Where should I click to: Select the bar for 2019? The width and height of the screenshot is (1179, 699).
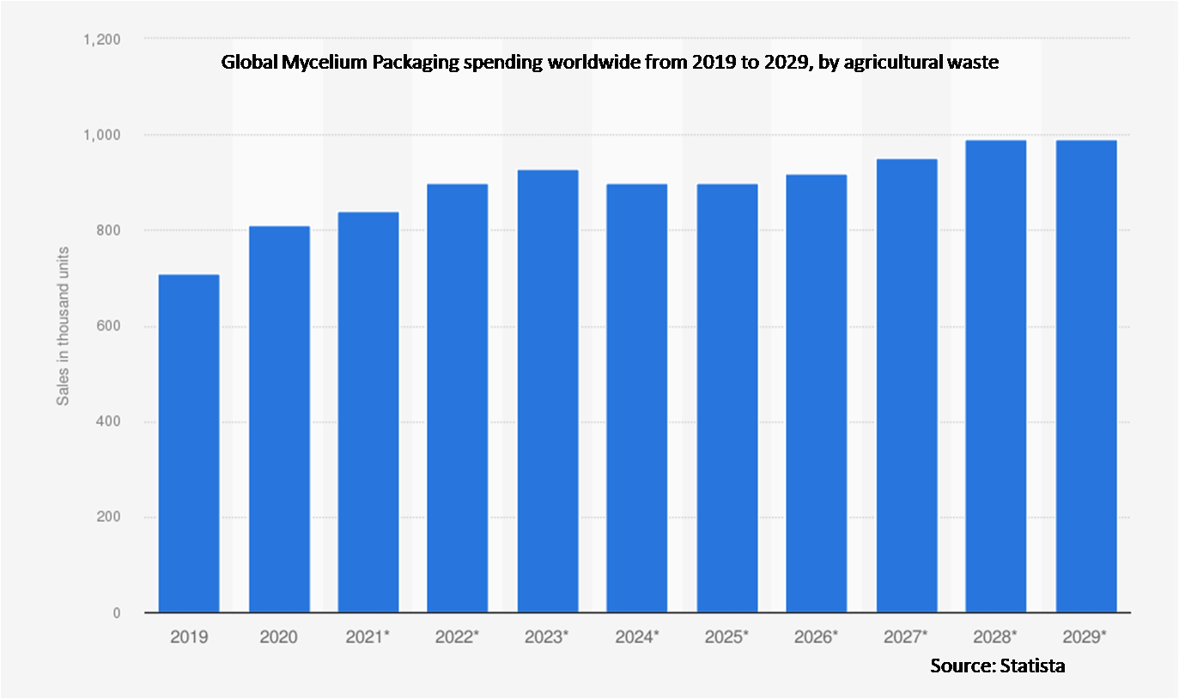(189, 443)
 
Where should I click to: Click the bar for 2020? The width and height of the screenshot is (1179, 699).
(279, 419)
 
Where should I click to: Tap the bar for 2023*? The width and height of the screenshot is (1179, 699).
(547, 391)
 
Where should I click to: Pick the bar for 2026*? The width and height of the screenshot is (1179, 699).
(816, 393)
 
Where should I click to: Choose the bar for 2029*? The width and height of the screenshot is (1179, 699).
(1085, 376)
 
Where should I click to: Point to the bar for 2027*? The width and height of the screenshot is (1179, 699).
(906, 386)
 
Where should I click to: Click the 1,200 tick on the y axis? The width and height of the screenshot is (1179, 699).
(101, 40)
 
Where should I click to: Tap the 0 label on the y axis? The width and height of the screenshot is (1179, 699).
(116, 613)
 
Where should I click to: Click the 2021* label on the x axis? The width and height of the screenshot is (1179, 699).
(368, 637)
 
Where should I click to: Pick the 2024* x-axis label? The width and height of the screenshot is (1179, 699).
(636, 637)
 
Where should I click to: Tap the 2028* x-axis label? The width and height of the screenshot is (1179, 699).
(995, 637)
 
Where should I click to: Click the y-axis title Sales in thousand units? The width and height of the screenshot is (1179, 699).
(63, 326)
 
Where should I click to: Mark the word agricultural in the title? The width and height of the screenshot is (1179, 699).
(891, 63)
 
